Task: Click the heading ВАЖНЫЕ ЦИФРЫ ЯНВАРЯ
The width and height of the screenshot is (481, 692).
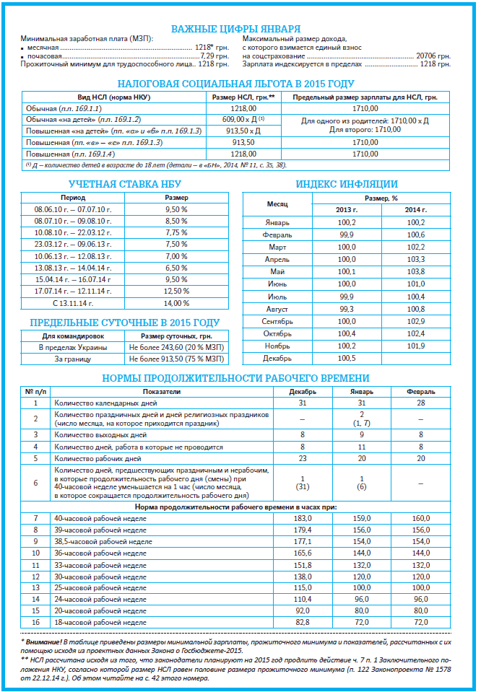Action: click(240, 29)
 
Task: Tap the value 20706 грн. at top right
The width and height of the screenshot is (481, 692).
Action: click(432, 55)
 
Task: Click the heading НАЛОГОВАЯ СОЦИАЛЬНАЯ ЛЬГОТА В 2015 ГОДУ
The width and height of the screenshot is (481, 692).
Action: click(240, 84)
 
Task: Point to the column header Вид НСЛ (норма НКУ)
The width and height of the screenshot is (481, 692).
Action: click(112, 97)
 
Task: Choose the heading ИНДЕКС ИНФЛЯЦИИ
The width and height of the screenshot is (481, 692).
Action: click(346, 184)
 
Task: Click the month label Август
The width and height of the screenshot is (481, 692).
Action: click(277, 309)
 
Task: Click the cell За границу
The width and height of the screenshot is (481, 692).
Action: click(73, 359)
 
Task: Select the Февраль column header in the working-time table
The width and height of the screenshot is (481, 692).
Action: click(420, 392)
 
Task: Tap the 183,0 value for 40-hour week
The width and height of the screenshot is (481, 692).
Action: click(303, 518)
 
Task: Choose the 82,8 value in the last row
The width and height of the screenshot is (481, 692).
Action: click(303, 622)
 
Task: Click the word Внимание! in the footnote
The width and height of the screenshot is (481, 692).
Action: click(45, 641)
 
